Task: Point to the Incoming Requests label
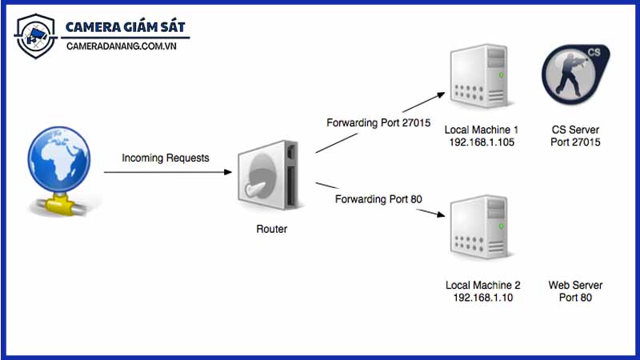tap(166, 158)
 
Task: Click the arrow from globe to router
tap(168, 172)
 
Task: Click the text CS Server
tap(575, 130)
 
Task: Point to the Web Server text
tap(575, 285)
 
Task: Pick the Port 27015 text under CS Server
tap(575, 142)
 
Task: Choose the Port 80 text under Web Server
tap(575, 298)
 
